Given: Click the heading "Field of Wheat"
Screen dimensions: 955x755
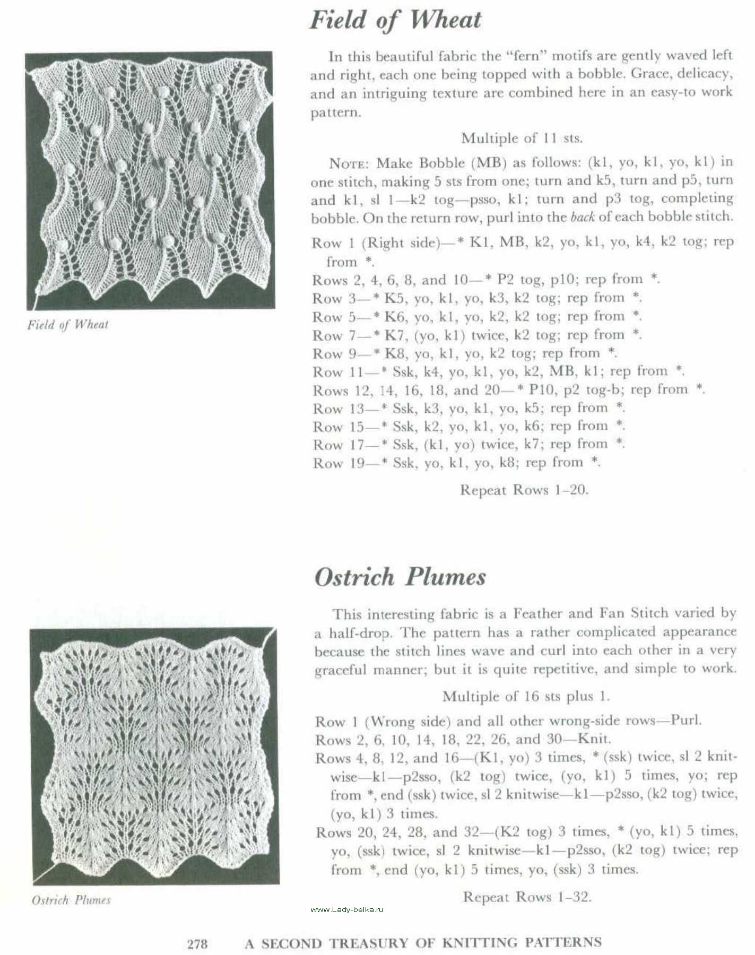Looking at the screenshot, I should tap(395, 21).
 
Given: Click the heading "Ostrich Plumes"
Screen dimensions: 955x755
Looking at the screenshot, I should tap(400, 577).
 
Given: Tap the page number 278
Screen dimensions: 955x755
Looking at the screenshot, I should tap(197, 944).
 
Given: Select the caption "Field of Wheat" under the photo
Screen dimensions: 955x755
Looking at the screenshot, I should tap(68, 325).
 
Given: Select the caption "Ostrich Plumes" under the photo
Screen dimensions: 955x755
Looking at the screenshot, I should tap(71, 900).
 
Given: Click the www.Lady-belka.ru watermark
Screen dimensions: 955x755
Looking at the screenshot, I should tap(346, 909).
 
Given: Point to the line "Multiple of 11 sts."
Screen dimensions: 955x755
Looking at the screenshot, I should tap(522, 138).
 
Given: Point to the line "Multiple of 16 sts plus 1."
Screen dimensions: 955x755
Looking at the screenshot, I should tap(526, 696).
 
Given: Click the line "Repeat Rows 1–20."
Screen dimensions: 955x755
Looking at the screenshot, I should tap(524, 490).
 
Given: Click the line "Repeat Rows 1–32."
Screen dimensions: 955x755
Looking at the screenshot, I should tap(527, 897).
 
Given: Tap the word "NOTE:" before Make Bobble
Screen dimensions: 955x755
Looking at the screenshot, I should tap(350, 163).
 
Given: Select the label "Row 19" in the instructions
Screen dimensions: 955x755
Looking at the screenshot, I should tap(338, 463).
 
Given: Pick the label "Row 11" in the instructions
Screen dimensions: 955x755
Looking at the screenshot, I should tap(338, 372).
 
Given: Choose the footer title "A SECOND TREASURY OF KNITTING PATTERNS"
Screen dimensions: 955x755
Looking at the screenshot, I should tap(423, 943).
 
